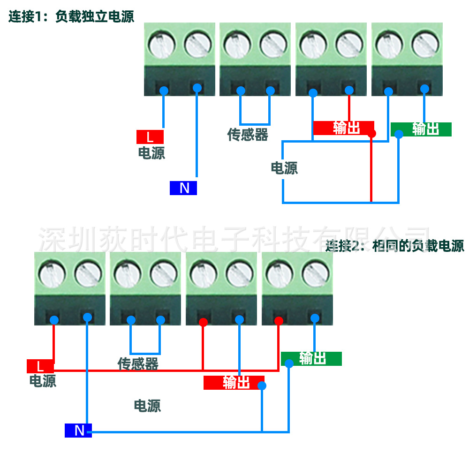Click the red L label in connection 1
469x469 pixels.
tap(150, 137)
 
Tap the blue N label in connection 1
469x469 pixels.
tap(183, 188)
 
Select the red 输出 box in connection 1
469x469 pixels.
tap(343, 128)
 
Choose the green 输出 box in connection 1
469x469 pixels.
tap(421, 129)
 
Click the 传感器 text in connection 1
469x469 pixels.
tap(248, 135)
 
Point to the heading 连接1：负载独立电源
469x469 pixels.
tap(71, 17)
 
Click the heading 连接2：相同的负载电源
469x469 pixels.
tap(395, 246)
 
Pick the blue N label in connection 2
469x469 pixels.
tap(78, 430)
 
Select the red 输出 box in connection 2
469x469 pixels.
tap(234, 383)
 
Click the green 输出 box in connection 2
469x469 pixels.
tap(311, 359)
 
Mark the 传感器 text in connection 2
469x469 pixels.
tap(138, 364)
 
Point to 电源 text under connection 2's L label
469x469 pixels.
tap(43, 380)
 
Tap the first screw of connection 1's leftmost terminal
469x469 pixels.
tap(162, 45)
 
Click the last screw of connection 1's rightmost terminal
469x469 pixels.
tap(425, 45)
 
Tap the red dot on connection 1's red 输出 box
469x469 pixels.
tap(372, 134)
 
